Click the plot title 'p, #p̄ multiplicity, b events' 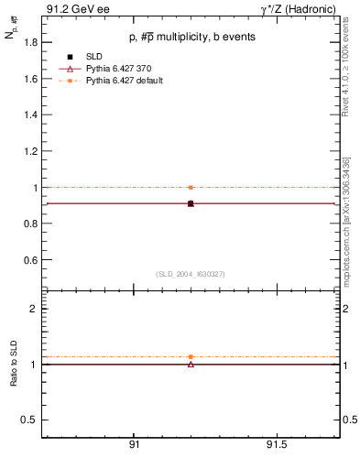(191, 38)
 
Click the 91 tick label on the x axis (134, 446)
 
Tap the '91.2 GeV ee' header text (72, 9)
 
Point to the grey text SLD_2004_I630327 (191, 274)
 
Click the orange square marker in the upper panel (191, 187)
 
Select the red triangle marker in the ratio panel (191, 365)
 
